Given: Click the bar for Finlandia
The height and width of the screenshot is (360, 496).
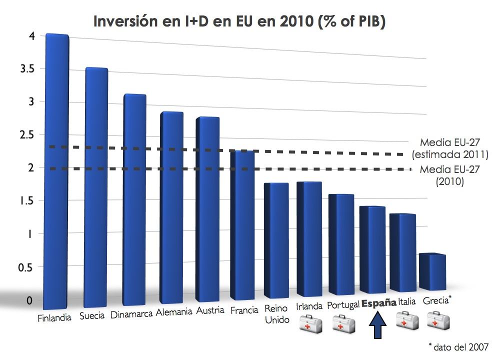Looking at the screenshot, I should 56,170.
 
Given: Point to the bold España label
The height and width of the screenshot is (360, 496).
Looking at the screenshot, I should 378,303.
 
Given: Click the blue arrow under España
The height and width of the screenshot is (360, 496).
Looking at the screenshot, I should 378,326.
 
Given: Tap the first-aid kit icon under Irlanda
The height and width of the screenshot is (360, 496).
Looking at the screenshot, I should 310,323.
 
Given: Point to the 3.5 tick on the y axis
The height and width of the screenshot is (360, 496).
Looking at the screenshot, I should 25,69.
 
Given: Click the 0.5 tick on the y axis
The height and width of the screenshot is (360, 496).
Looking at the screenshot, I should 25,267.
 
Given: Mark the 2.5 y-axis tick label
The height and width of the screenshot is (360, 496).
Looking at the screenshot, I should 25,135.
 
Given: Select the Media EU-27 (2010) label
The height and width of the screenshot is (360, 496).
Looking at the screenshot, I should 449,175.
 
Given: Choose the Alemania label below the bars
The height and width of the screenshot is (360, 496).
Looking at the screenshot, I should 174,312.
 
